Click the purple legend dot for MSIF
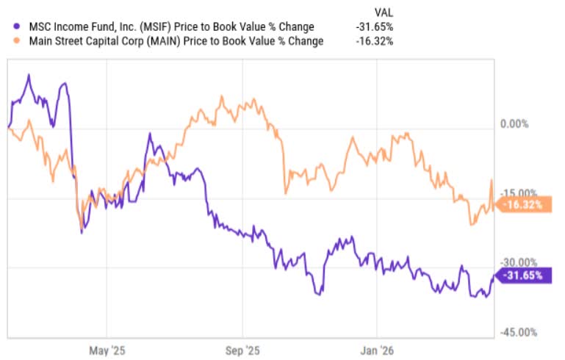(16, 26)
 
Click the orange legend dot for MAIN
(16, 40)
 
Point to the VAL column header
(384, 13)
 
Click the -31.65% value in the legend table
(375, 26)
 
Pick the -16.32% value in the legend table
(375, 41)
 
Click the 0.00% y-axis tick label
(514, 124)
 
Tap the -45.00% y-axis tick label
(519, 332)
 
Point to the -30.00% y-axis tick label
(519, 262)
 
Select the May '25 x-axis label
(107, 350)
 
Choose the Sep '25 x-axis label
(242, 350)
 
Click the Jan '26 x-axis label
(377, 350)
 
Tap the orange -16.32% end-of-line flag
(524, 205)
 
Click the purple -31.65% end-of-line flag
(524, 276)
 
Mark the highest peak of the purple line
(29, 75)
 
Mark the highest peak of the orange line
(222, 96)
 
